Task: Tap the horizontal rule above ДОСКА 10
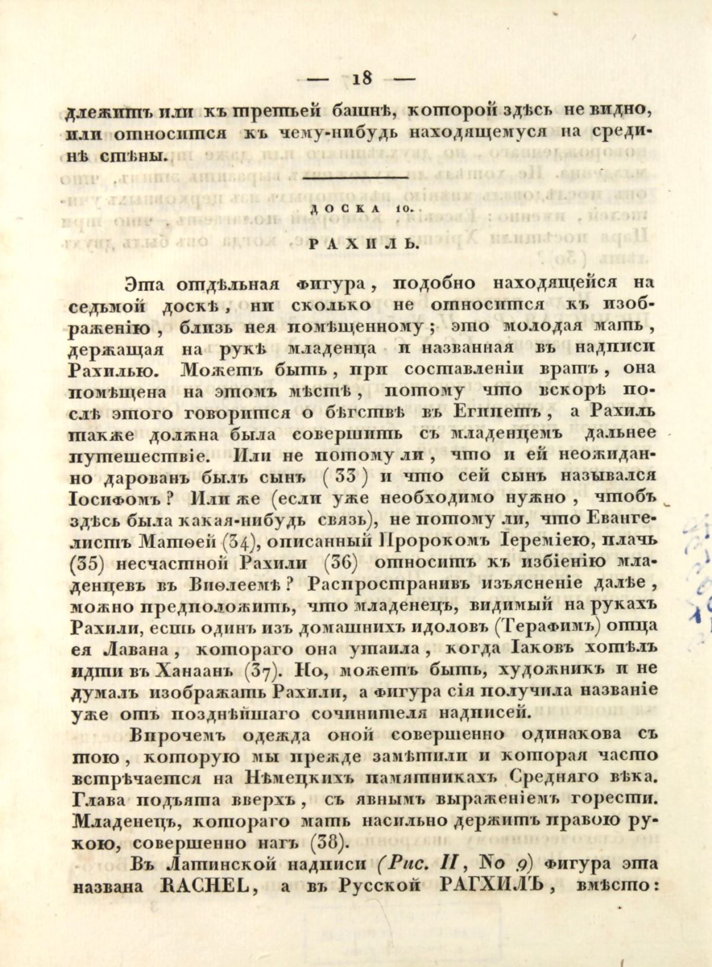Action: (355, 177)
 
